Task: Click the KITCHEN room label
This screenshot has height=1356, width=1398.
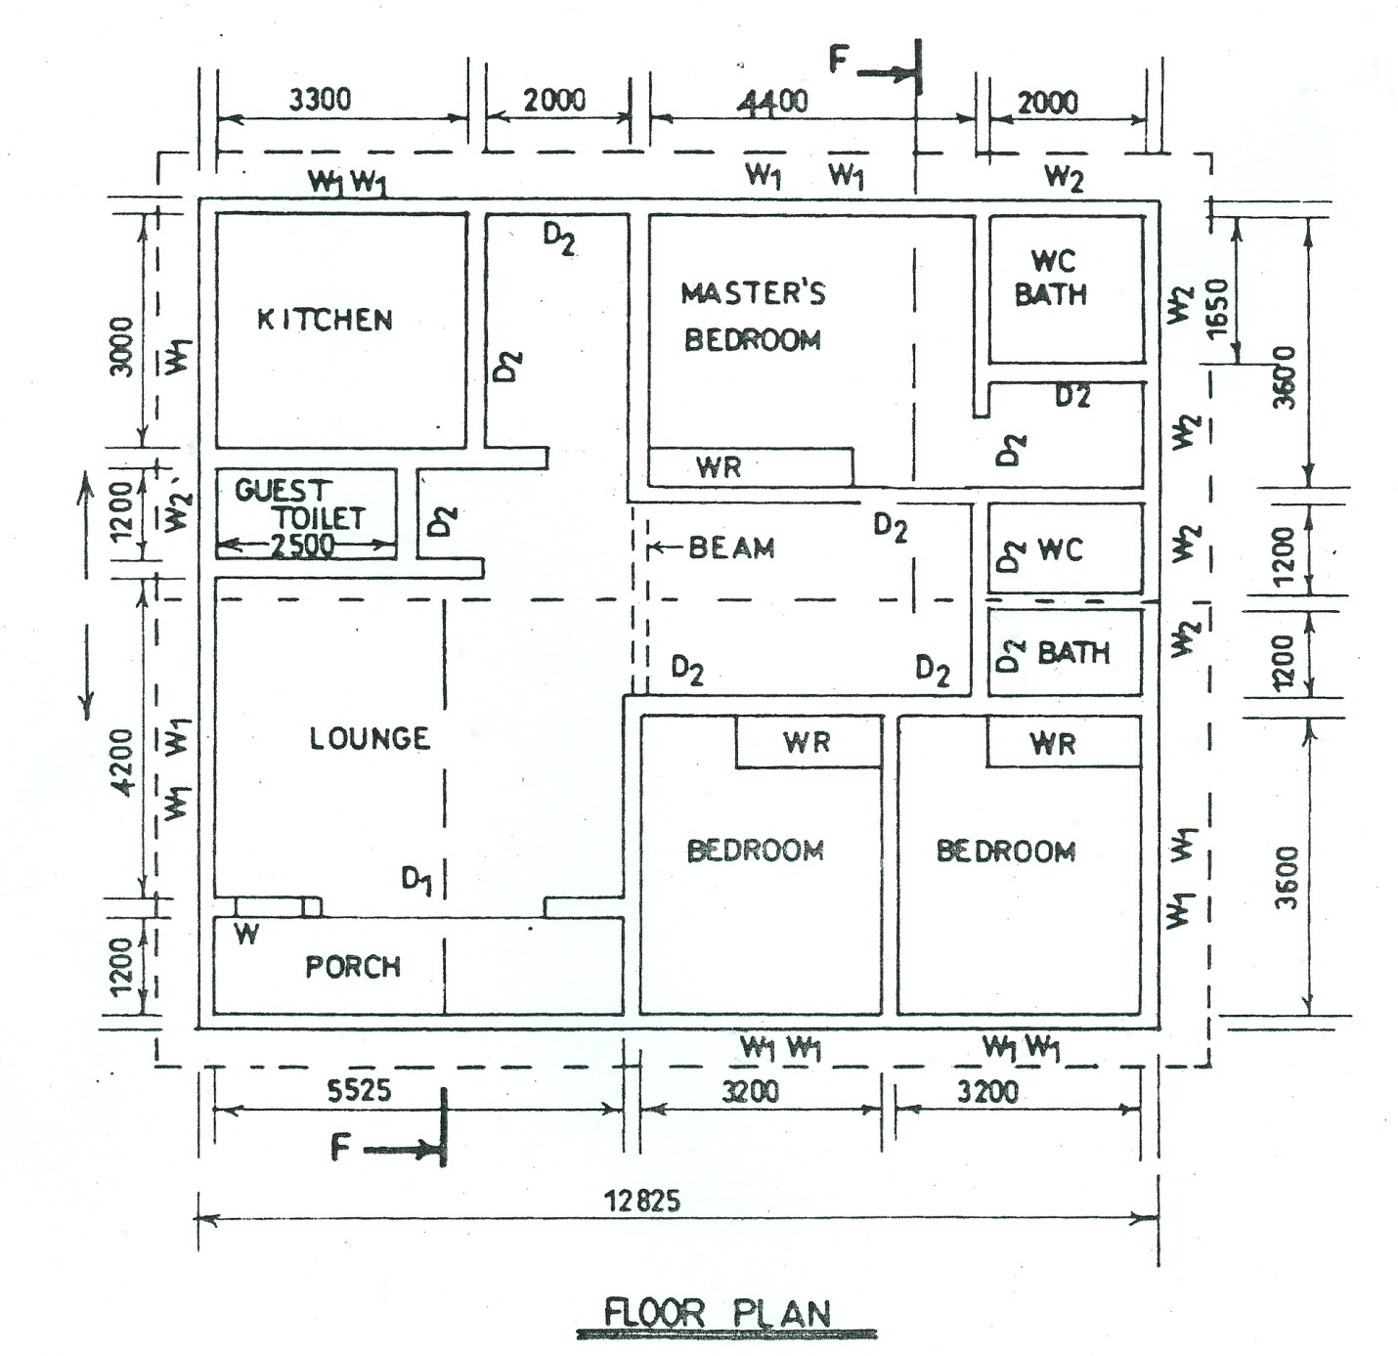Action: click(x=325, y=320)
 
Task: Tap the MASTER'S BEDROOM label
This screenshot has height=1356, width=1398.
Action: click(x=753, y=316)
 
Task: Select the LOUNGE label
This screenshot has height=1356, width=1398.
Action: click(x=370, y=738)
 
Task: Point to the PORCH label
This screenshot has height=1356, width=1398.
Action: click(x=353, y=967)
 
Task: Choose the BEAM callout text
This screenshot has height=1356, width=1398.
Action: click(x=731, y=548)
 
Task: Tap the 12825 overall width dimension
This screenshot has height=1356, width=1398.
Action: click(x=642, y=1200)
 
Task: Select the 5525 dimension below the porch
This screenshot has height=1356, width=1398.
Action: click(x=359, y=1090)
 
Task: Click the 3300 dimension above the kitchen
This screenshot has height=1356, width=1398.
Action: click(x=320, y=100)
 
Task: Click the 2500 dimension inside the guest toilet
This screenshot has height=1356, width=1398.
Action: click(x=302, y=547)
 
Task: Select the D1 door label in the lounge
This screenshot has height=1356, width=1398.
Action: click(x=416, y=880)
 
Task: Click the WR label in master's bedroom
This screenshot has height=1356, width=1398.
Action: click(x=719, y=467)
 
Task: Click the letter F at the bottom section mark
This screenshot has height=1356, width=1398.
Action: click(x=340, y=1146)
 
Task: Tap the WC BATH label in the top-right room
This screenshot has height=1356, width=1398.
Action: click(x=1051, y=278)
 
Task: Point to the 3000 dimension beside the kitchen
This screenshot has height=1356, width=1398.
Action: click(x=121, y=346)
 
